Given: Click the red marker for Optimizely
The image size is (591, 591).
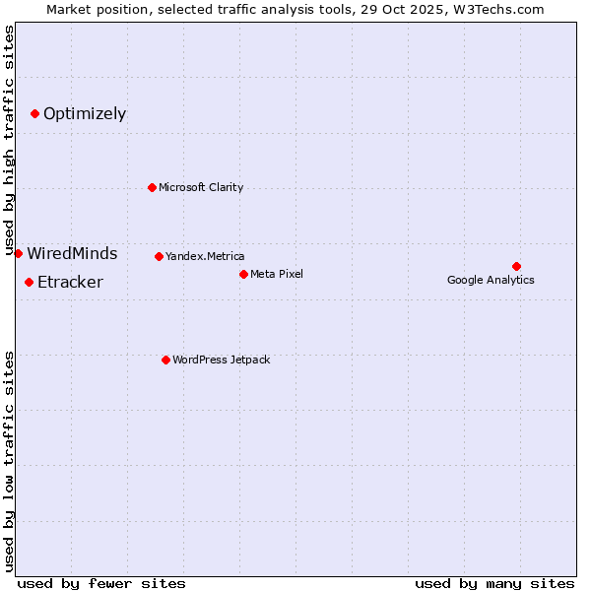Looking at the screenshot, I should [x=34, y=114].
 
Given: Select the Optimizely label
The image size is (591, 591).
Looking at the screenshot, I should [x=85, y=114].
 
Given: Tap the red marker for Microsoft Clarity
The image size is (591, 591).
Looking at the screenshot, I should [x=152, y=187].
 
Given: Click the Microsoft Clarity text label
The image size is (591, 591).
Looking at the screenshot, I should [x=201, y=187].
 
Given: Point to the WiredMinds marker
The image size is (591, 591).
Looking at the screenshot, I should [x=18, y=253].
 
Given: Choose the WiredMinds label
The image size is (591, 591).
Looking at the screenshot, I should [x=72, y=254].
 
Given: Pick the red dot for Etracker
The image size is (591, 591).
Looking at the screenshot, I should [x=29, y=283].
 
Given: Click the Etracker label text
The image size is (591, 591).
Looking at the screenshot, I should [x=70, y=283].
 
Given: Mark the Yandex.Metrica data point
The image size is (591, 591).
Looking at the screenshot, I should [x=159, y=256].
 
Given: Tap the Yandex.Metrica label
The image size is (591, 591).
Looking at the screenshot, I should [x=205, y=256].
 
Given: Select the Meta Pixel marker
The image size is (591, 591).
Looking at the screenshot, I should [x=243, y=274].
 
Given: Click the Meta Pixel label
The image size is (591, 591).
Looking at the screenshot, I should [x=277, y=274].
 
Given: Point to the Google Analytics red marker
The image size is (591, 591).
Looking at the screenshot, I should [x=516, y=266].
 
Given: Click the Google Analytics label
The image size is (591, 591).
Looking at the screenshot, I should [x=491, y=280].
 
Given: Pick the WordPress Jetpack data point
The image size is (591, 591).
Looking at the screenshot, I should [x=165, y=360].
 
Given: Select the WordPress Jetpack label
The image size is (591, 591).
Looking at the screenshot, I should [x=221, y=360].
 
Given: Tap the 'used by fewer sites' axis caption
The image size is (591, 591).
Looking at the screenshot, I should [x=101, y=583].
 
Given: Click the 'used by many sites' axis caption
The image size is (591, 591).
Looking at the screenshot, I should [x=494, y=583].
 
